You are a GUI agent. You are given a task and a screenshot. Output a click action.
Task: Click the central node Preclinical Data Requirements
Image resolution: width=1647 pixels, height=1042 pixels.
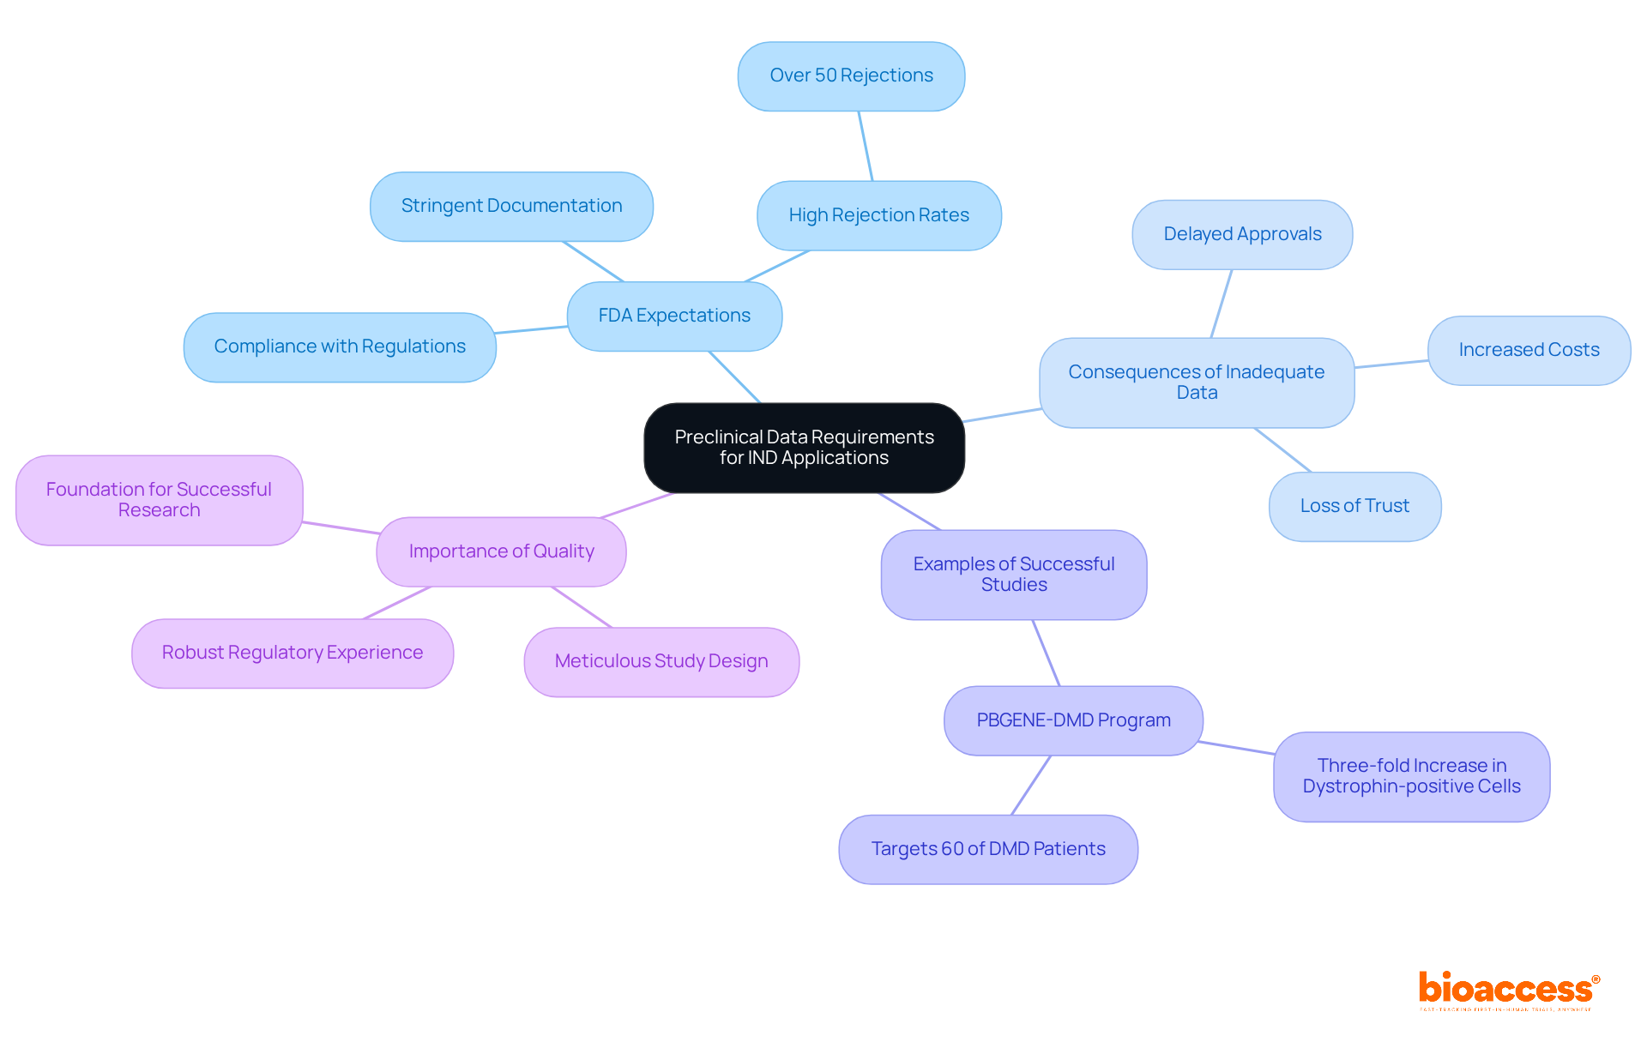(804, 448)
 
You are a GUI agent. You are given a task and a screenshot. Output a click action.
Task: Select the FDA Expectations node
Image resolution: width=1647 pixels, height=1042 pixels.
(674, 316)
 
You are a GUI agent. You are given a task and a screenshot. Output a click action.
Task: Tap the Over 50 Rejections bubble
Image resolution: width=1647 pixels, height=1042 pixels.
(851, 76)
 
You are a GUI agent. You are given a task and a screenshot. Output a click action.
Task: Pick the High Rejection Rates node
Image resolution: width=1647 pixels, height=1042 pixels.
(878, 215)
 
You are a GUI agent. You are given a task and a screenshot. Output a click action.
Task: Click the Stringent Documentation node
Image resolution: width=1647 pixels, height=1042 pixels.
(511, 206)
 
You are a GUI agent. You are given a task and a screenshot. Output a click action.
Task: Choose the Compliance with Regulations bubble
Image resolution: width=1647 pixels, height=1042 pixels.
(340, 346)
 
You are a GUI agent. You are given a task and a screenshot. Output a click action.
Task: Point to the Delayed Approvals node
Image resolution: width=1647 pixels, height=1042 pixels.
(1242, 234)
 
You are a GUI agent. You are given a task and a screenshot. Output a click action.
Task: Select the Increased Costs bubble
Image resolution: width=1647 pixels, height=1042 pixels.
(1529, 350)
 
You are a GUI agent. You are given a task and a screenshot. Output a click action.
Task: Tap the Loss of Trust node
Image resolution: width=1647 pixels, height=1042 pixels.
(1354, 506)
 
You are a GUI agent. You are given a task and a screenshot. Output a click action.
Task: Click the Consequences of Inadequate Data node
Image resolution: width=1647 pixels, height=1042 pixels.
(1196, 382)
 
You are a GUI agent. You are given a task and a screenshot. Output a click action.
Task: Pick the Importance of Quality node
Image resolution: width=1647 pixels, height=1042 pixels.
(501, 551)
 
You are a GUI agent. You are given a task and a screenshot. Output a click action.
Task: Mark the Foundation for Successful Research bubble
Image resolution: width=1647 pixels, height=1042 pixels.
(159, 500)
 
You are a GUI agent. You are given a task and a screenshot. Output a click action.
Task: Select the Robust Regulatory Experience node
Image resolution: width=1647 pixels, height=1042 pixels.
(293, 653)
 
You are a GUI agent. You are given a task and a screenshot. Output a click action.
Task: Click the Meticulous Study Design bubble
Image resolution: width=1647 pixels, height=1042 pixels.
(661, 661)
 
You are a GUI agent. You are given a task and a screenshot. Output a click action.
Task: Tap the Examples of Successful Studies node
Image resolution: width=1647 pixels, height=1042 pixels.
(1013, 575)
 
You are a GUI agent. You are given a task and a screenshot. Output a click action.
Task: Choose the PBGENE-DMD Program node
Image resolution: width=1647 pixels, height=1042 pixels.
(1073, 720)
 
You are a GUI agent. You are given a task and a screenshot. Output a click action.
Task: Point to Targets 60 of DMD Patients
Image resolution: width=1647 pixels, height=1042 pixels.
(988, 849)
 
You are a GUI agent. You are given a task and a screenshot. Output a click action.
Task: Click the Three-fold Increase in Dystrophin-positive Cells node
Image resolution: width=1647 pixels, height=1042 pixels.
(1411, 776)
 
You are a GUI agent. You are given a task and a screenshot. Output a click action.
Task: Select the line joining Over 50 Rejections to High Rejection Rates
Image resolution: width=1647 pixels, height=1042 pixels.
(866, 146)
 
